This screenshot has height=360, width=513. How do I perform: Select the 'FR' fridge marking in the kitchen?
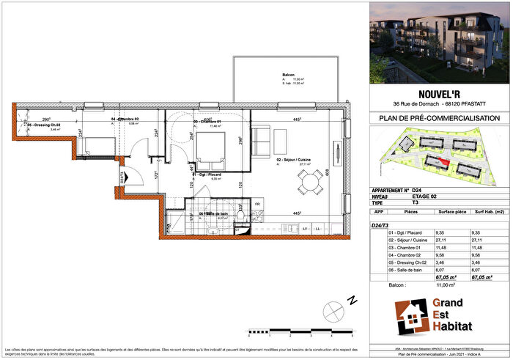tap(258, 205)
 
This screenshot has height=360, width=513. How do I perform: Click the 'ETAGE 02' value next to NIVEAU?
tap(427, 196)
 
